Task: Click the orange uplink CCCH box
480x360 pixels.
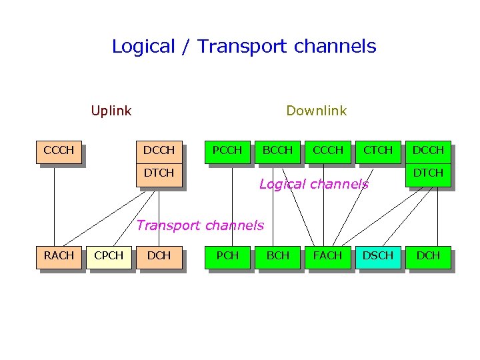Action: tap(59, 151)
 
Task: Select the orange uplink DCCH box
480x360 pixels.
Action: tap(159, 151)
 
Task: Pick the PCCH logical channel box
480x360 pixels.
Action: tap(227, 151)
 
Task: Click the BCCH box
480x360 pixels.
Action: tap(277, 151)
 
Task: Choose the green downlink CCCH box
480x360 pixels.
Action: tap(327, 151)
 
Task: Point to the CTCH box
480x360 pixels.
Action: tap(377, 151)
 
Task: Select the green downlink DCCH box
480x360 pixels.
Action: tap(428, 151)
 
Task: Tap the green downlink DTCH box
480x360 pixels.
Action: tap(428, 174)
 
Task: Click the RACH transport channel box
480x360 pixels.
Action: tap(59, 257)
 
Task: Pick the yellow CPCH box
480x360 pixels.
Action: tap(109, 257)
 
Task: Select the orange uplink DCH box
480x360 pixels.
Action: tap(159, 257)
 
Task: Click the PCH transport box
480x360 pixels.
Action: tap(227, 257)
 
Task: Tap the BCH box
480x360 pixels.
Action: tap(277, 257)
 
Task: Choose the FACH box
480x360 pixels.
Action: tap(327, 257)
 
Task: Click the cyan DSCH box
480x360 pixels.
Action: tap(377, 257)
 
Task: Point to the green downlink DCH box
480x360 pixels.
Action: tap(428, 257)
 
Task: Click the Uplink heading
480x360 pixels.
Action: tap(111, 111)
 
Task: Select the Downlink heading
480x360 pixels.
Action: tap(316, 111)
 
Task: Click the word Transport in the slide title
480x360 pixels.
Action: tap(242, 47)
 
